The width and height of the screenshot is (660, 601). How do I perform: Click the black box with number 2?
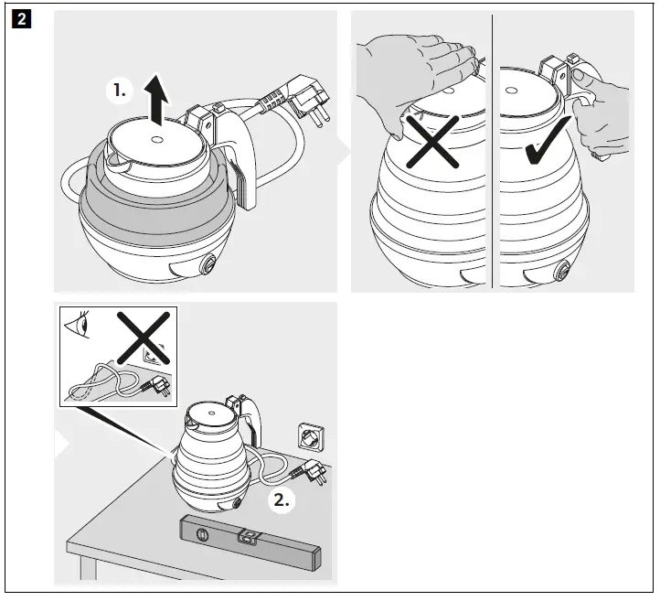click(21, 20)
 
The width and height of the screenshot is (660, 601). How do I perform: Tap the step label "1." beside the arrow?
click(120, 91)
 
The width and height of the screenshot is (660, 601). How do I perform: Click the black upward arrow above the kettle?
click(156, 100)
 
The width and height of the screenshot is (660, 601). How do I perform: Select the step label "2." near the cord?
click(282, 500)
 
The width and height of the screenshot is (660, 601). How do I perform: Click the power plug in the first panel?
click(309, 100)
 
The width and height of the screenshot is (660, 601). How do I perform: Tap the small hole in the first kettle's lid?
click(156, 139)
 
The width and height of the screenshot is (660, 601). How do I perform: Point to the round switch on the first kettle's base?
click(208, 264)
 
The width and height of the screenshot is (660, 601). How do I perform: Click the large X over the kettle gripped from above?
click(432, 142)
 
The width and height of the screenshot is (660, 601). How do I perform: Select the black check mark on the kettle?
click(548, 141)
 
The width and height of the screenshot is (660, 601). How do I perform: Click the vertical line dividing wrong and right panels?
click(492, 151)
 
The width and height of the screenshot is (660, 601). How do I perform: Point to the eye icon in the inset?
click(78, 325)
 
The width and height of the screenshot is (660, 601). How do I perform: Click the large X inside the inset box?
click(144, 338)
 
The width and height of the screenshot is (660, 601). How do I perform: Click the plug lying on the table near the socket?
click(313, 470)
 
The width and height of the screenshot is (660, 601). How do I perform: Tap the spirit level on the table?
click(250, 542)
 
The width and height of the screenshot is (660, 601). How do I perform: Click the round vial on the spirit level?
click(202, 534)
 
